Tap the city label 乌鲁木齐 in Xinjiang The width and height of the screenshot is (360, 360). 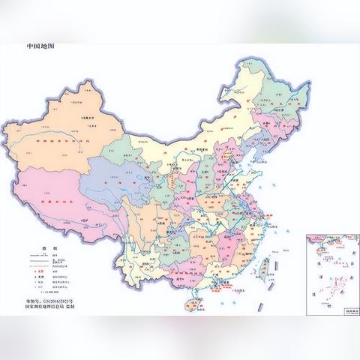point(88,117)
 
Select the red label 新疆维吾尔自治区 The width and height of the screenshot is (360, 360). point(56,140)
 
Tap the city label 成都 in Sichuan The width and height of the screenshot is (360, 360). point(160,218)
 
